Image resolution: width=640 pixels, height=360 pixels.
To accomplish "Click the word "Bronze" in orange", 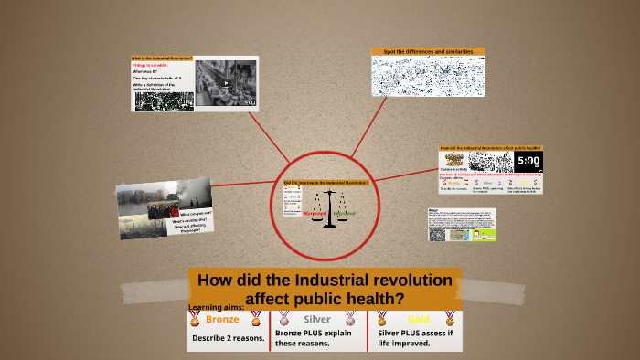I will coord(221,320).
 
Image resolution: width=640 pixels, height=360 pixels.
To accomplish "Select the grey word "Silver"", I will coord(316,320).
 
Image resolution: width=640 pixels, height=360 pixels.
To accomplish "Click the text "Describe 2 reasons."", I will coord(228,338).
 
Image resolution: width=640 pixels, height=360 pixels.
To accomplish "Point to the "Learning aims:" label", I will coord(216,307).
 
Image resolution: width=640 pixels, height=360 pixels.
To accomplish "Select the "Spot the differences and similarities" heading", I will coord(428,52).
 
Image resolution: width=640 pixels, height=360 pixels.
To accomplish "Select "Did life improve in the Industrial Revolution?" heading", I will coord(326,183).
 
